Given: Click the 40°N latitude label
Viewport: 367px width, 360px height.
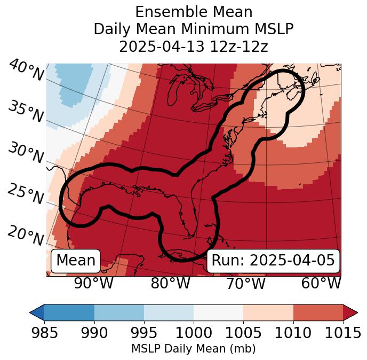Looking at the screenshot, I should point(26,71).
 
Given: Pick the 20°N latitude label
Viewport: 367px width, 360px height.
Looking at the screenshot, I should point(25,235).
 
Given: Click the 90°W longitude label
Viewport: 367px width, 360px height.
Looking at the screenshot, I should point(94,283).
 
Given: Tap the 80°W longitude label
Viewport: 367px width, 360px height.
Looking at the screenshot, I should point(170,283).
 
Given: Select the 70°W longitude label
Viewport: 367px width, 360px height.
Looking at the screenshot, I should point(246,283).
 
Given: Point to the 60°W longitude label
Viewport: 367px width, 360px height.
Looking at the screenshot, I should point(321,283).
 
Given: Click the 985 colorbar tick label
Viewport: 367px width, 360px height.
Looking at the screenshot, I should point(44,333).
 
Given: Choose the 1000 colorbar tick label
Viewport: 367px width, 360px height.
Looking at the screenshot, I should point(194,333).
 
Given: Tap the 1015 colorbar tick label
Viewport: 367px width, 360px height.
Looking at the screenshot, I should point(343,333).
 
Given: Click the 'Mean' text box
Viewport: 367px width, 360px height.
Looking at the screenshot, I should point(76,261).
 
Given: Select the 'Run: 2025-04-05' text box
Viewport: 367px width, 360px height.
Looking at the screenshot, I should point(273,261).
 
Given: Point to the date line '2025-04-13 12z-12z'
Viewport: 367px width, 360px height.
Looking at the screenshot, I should point(194,46).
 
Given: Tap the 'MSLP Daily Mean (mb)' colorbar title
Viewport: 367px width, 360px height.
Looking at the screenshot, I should point(194,349).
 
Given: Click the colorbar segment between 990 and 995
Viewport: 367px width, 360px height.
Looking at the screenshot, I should point(119,312).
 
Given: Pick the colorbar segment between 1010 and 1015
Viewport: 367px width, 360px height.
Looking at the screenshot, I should point(318,312).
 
